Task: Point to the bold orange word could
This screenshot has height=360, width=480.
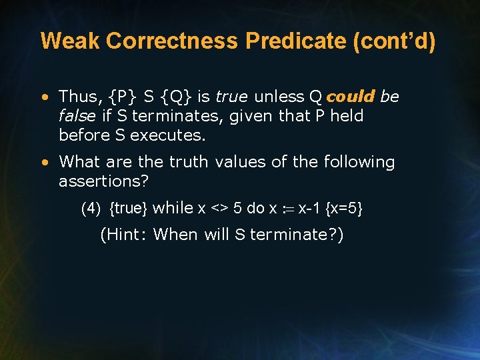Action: click(x=351, y=97)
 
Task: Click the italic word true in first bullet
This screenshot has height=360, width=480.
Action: click(x=231, y=97)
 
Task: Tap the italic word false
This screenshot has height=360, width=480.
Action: click(x=77, y=116)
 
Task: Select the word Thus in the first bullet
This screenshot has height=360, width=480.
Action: click(x=76, y=97)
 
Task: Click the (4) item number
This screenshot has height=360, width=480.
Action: click(x=91, y=209)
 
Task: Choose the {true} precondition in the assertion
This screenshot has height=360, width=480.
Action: click(x=128, y=209)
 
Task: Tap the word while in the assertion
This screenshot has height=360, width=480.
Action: click(x=173, y=208)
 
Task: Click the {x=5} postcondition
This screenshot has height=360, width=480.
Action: click(x=344, y=209)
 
